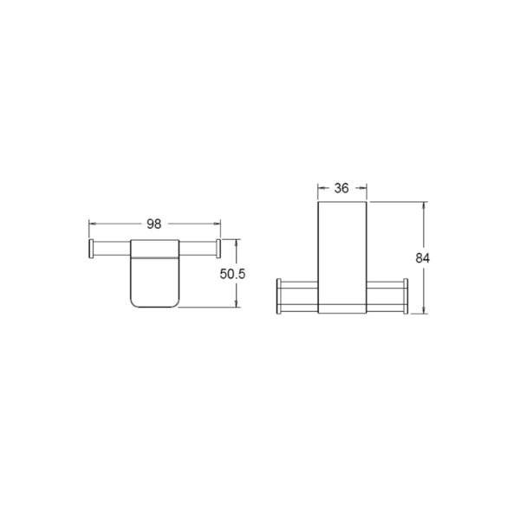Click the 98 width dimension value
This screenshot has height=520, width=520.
(x=154, y=224)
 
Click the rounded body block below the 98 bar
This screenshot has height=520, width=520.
(x=154, y=282)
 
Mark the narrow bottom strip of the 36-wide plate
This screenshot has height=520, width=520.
(x=342, y=308)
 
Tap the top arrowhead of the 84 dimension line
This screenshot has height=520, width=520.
(x=423, y=206)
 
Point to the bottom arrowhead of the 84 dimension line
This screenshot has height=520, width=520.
(x=423, y=310)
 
